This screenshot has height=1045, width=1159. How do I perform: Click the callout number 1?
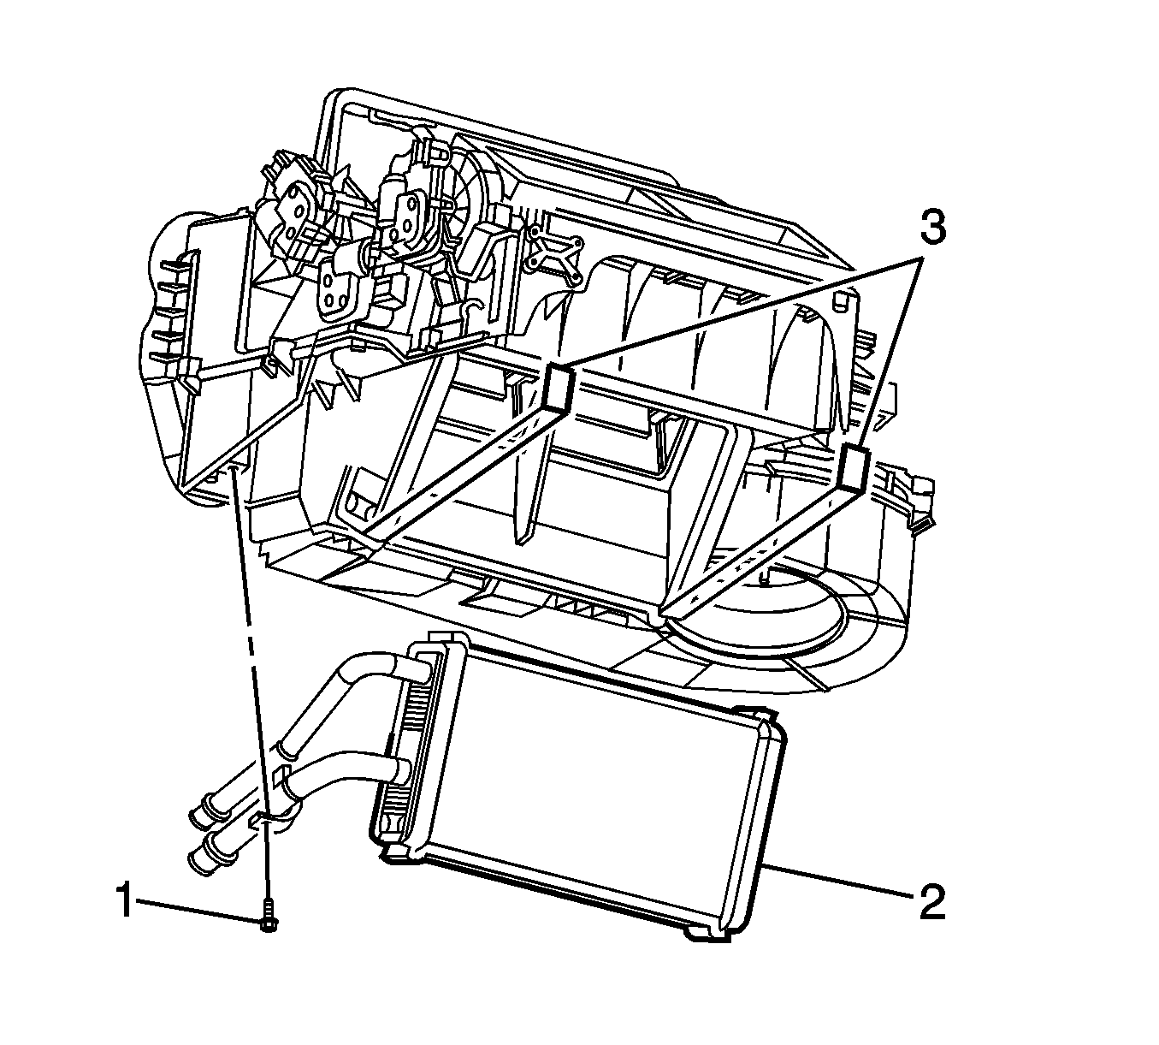[x=125, y=900]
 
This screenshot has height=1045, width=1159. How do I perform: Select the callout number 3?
[x=932, y=228]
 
